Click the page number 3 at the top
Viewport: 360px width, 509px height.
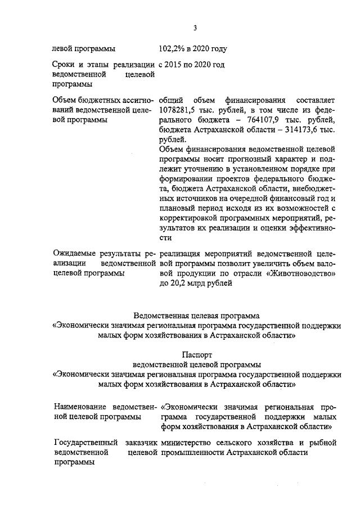point(194,29)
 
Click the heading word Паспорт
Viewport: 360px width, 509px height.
point(196,355)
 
